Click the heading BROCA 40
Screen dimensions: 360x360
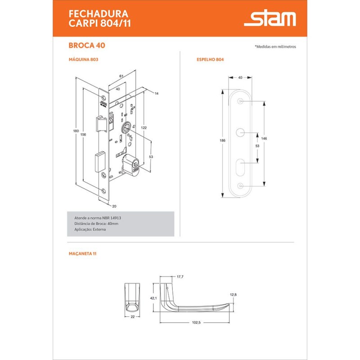tap(87, 45)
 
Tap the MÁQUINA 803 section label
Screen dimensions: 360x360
tap(83, 59)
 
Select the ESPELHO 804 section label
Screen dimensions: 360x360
tap(210, 59)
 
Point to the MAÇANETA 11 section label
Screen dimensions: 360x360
tap(83, 254)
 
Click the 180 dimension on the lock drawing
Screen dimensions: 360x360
tap(76, 131)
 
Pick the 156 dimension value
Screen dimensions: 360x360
tap(83, 135)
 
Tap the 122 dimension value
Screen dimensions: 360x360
tap(144, 128)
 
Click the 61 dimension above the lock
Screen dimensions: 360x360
tap(121, 76)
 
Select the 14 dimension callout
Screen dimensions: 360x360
tap(157, 94)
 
